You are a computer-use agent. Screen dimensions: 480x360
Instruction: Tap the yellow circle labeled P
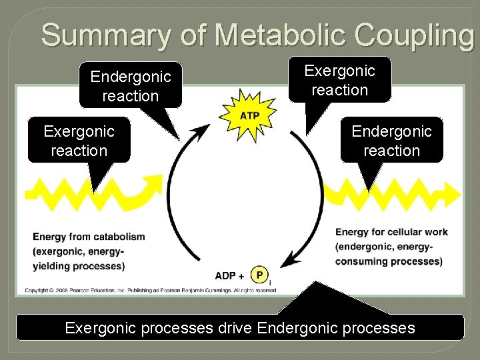(259, 274)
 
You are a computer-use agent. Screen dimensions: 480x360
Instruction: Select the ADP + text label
(229, 275)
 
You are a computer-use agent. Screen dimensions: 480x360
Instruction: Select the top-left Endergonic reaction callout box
(131, 86)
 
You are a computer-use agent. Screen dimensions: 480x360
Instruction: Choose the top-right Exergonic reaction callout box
(339, 80)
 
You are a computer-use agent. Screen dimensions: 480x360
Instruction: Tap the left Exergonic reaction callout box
(79, 141)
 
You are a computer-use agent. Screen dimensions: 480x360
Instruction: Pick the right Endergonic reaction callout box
(391, 141)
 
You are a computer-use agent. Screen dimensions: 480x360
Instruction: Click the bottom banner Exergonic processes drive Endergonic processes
(239, 327)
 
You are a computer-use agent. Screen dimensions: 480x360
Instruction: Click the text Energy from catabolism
(89, 237)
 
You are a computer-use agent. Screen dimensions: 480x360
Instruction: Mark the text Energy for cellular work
(391, 232)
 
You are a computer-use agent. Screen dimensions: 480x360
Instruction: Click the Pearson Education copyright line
(151, 290)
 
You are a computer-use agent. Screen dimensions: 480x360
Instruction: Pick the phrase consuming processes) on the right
(389, 261)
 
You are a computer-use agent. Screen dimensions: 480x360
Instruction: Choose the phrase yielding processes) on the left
(79, 266)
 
